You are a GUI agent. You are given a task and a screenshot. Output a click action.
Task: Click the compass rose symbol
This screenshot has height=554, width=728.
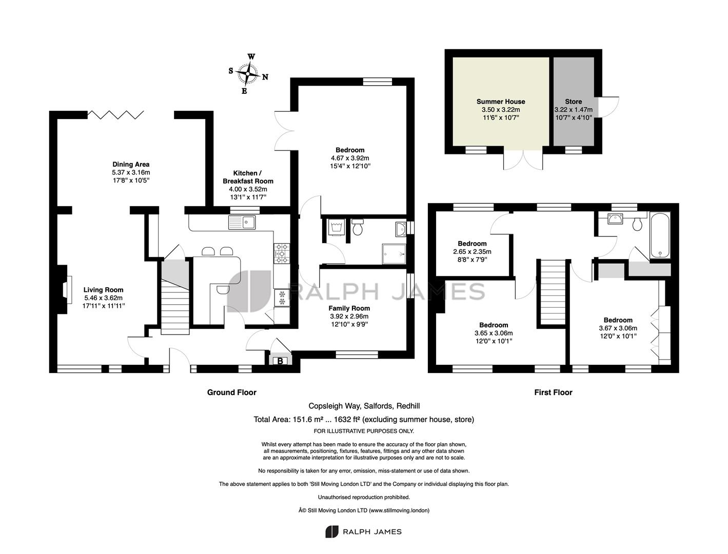click(248, 73)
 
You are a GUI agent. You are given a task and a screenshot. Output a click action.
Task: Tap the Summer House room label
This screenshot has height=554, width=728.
click(501, 102)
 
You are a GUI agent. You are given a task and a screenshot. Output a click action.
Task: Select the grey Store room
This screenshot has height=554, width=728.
click(574, 102)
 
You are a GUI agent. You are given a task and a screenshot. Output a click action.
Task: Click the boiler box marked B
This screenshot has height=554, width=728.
click(280, 361)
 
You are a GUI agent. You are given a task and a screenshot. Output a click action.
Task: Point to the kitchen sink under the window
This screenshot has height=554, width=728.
click(242, 222)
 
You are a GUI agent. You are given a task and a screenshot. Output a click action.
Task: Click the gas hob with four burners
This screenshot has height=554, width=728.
click(282, 253)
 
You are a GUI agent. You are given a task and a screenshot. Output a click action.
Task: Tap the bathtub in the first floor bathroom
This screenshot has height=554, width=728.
click(660, 235)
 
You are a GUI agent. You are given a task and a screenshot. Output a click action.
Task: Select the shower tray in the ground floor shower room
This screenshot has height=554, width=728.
click(394, 254)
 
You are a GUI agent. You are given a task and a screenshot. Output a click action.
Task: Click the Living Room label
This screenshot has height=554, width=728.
click(103, 290)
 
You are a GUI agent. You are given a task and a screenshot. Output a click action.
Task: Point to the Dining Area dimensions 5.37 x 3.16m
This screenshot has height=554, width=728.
click(131, 172)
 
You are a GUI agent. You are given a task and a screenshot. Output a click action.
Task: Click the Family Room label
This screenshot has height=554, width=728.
click(349, 308)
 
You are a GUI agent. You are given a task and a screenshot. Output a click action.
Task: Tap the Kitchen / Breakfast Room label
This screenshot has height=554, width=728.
click(248, 177)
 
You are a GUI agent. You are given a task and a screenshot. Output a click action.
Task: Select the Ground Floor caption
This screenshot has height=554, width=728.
click(231, 392)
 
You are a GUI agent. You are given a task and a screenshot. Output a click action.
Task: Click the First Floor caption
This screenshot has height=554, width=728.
click(553, 392)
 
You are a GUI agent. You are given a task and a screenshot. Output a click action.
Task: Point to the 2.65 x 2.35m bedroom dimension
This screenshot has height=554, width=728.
click(472, 252)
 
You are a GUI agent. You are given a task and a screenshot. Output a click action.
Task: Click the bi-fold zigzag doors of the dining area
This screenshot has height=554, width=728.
click(116, 115)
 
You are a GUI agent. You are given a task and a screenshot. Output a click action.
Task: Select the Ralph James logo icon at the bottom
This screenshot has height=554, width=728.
click(331, 531)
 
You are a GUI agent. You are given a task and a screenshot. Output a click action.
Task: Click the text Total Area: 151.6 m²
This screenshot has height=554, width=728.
click(288, 420)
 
